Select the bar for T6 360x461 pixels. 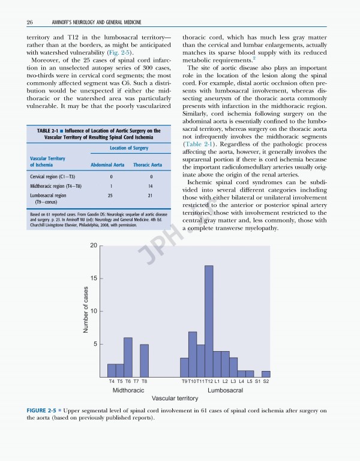(128, 357)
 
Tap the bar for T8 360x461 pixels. (144, 360)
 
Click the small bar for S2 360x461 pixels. (266, 374)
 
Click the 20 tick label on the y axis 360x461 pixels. (94, 246)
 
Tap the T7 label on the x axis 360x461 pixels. (136, 382)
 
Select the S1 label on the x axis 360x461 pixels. (257, 382)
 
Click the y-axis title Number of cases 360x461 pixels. (86, 311)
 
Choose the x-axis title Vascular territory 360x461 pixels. (175, 398)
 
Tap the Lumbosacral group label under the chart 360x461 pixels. (225, 390)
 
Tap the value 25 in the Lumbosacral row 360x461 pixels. (110, 196)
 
